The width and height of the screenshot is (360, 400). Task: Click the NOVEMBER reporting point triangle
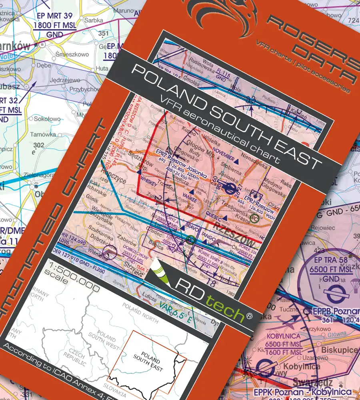(238, 162)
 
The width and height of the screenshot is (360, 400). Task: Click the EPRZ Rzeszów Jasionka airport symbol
(230, 189)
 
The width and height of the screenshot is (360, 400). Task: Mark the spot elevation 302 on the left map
(39, 145)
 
